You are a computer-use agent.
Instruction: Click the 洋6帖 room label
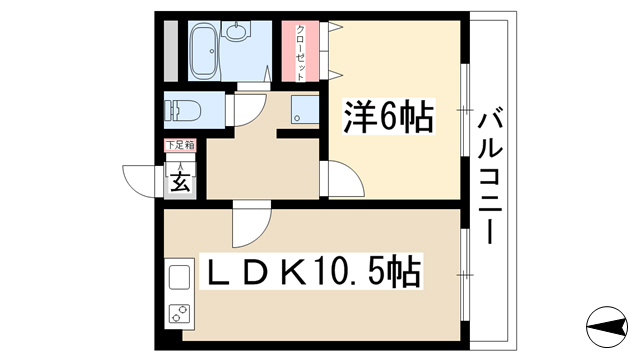(x=388, y=117)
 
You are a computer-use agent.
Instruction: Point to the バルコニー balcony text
(x=490, y=175)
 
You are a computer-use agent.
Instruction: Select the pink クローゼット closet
(x=300, y=51)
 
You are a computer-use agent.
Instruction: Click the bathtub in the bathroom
(x=204, y=51)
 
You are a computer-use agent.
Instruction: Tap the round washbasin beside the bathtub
(x=236, y=31)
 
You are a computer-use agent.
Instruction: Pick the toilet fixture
(x=183, y=111)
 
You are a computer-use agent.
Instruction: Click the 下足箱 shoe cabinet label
(x=180, y=145)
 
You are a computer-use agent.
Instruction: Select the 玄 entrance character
(x=180, y=182)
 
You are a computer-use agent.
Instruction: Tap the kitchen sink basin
(x=179, y=277)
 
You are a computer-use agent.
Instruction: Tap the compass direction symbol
(x=607, y=327)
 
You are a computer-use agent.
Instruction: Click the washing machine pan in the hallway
(x=305, y=109)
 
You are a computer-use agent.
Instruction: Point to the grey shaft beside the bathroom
(x=171, y=51)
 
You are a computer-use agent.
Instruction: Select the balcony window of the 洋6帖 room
(x=465, y=109)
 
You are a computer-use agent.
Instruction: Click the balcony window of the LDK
(x=465, y=275)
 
